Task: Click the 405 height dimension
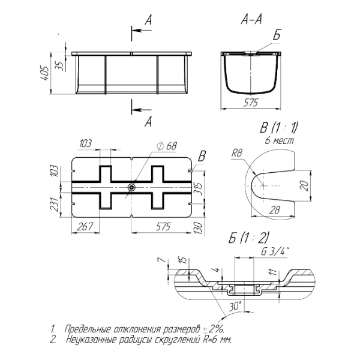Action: [44, 73]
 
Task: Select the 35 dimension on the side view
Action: [59, 67]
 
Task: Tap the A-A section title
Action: [251, 19]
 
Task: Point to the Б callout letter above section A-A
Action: [277, 35]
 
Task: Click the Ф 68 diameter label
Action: [167, 146]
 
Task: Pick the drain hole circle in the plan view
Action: [131, 187]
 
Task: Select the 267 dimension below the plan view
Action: [85, 227]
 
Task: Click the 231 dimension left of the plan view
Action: [54, 204]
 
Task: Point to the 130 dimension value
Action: [198, 228]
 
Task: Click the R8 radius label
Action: [237, 153]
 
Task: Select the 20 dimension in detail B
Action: [304, 185]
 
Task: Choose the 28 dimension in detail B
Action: [274, 210]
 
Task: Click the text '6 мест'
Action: [279, 140]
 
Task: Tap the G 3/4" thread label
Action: [275, 252]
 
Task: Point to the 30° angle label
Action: [235, 306]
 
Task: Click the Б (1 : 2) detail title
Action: [248, 238]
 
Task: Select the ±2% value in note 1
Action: [213, 329]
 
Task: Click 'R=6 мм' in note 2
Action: [217, 340]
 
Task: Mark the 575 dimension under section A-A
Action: [251, 103]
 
